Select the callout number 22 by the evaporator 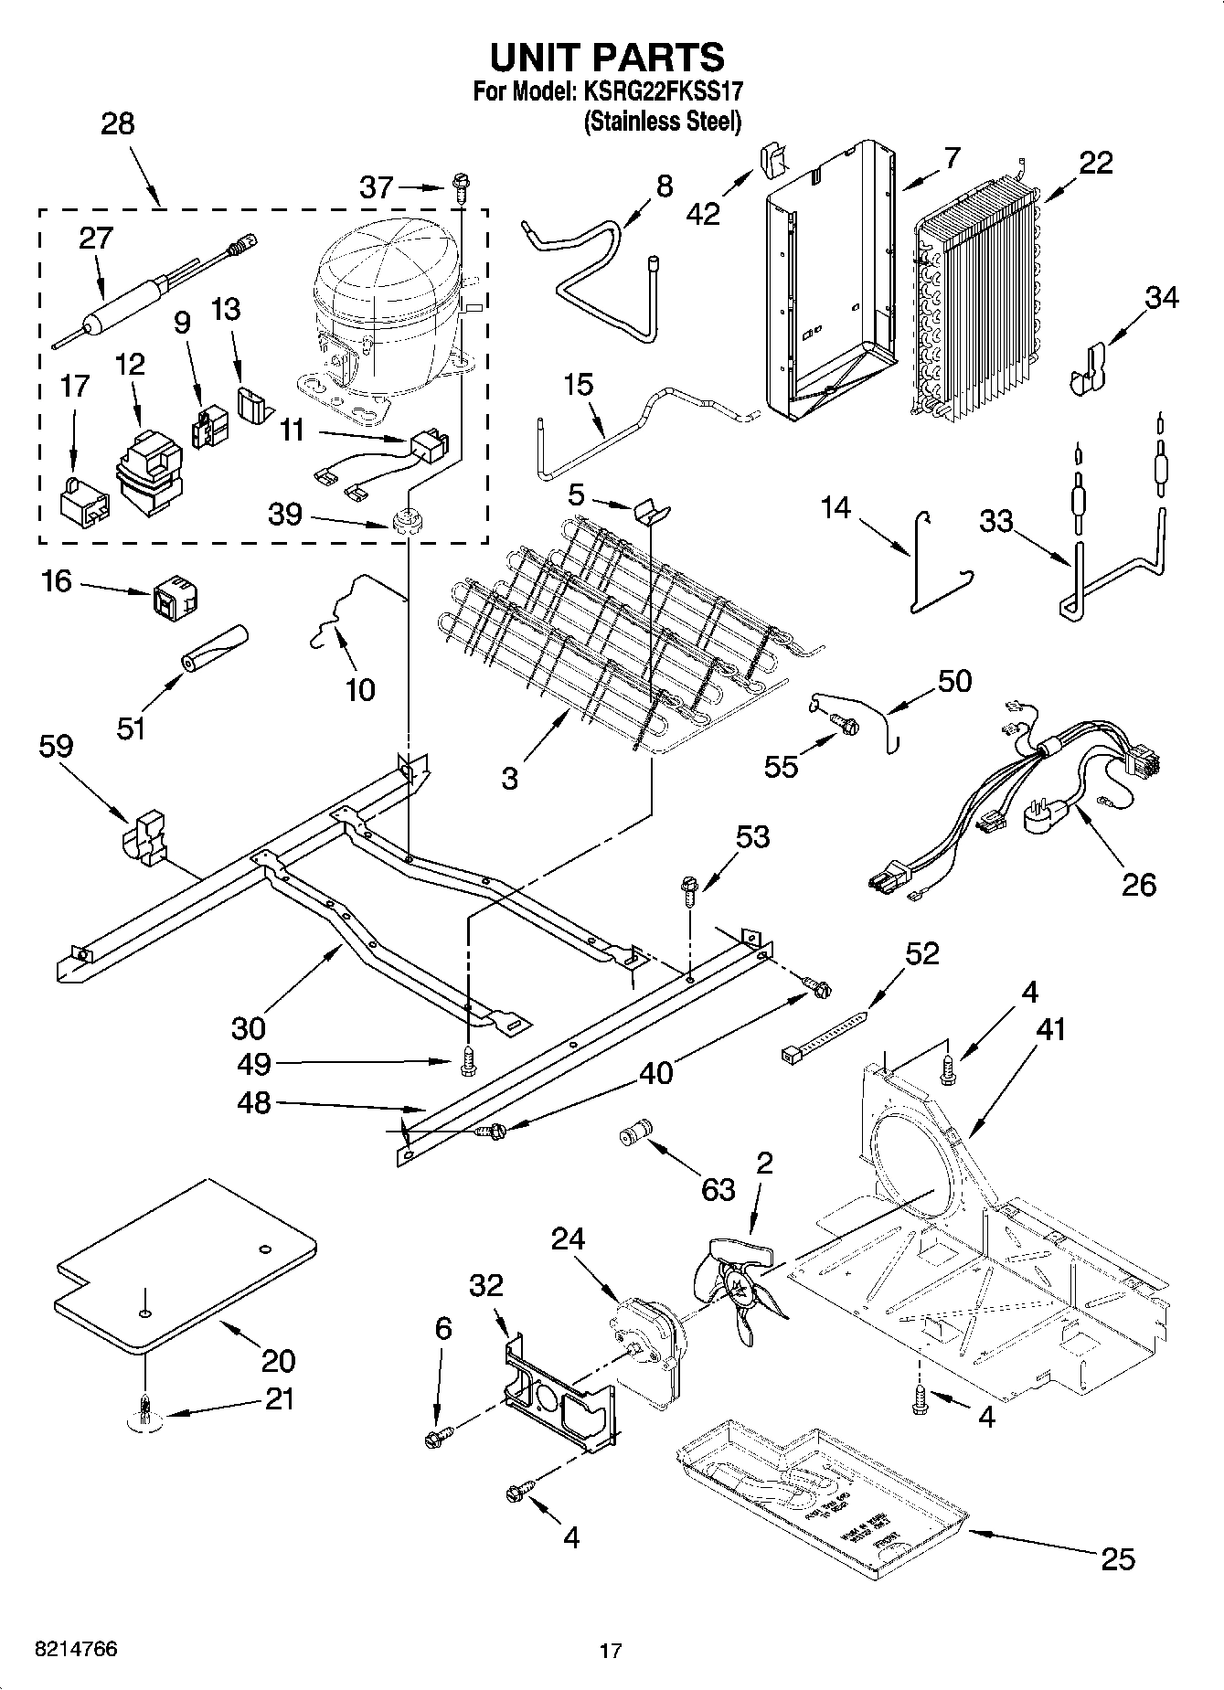pyautogui.click(x=1096, y=163)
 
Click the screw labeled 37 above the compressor pyautogui.click(x=461, y=188)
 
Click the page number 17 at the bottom pyautogui.click(x=611, y=1651)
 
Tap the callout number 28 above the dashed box pyautogui.click(x=117, y=123)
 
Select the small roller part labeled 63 pyautogui.click(x=634, y=1133)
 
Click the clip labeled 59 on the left pyautogui.click(x=145, y=834)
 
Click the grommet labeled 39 pyautogui.click(x=402, y=524)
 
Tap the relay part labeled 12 pyautogui.click(x=145, y=473)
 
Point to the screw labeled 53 pyautogui.click(x=689, y=888)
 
